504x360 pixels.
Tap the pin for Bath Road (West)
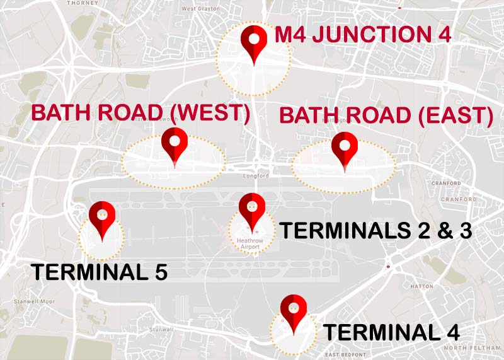click(175, 143)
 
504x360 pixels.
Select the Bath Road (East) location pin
click(345, 148)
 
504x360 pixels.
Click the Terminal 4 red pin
click(293, 310)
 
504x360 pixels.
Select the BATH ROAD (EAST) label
click(386, 115)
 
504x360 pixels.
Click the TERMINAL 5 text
click(99, 272)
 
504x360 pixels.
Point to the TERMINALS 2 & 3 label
click(375, 231)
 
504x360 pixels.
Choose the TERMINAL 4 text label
click(391, 332)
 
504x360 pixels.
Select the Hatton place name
click(421, 286)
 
